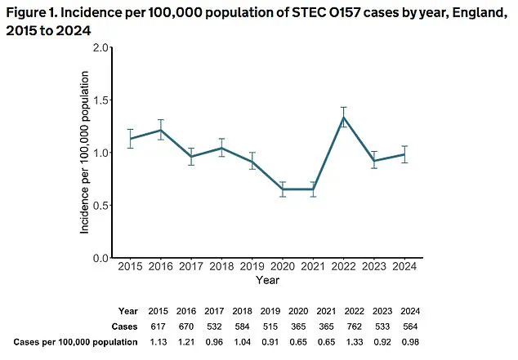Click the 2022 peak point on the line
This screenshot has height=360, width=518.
[344, 117]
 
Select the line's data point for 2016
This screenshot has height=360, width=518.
[161, 130]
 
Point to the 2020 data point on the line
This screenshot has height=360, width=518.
[283, 189]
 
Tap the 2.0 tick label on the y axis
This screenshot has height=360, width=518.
[100, 47]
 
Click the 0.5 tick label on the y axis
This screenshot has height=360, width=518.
[100, 205]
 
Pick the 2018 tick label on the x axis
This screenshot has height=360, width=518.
[221, 266]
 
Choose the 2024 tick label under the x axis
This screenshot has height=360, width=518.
[404, 266]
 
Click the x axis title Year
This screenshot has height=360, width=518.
[267, 280]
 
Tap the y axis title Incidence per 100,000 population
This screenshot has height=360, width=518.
[84, 153]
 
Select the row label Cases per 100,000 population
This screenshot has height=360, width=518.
[74, 342]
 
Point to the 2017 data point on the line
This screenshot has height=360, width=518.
[191, 156]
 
